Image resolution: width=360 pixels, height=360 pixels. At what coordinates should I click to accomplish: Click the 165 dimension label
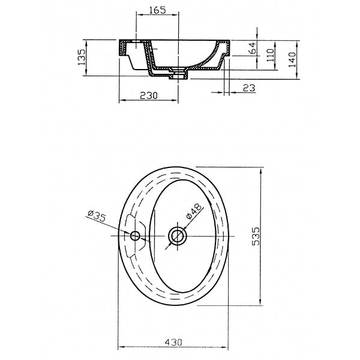157,10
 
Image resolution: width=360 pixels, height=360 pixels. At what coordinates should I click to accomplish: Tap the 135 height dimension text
81,57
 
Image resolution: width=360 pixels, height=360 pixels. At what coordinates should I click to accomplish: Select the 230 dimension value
149,95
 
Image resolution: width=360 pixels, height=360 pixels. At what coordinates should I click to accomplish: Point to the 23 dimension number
249,88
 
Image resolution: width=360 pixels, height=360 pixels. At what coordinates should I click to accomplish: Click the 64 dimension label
253,48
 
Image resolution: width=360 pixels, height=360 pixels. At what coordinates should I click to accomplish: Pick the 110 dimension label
271,55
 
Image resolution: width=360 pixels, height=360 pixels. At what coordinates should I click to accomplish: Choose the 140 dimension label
292,59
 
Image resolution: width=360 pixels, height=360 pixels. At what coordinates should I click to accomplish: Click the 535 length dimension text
256,236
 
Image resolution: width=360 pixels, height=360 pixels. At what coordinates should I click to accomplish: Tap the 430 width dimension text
173,343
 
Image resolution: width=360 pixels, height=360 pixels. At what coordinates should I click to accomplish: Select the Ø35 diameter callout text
97,216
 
